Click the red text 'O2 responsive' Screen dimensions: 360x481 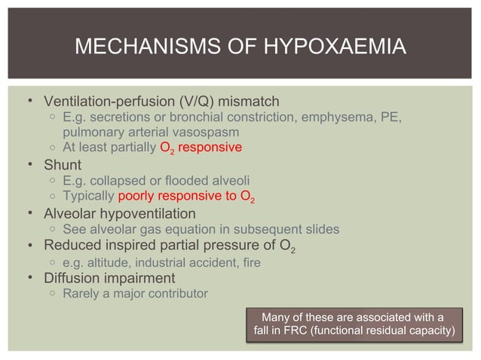point(201,148)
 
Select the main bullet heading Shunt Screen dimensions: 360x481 point(63,164)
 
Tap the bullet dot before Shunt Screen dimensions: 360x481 point(29,164)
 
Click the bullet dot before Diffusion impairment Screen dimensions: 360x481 point(29,277)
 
